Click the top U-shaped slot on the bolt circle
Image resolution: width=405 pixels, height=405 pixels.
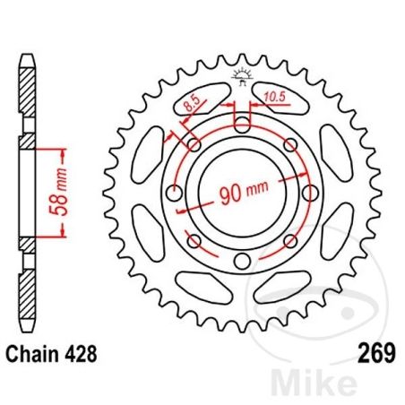241,123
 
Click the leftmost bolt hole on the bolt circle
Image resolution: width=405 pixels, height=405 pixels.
174,193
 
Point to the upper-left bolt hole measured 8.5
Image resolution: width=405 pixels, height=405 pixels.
194,145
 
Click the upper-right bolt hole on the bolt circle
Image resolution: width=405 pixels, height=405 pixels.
289,145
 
